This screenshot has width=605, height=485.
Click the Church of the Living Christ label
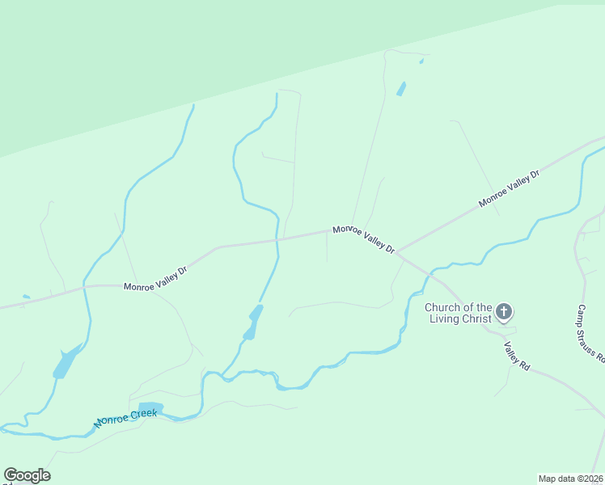[459, 313]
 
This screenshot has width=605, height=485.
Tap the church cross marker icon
[504, 311]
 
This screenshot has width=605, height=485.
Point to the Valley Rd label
[516, 356]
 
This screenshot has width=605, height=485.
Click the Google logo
[27, 475]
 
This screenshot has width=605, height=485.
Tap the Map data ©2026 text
[570, 479]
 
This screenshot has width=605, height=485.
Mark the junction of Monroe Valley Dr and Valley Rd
[397, 251]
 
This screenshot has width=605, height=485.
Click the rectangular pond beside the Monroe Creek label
[150, 407]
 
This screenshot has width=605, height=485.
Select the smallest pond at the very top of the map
[421, 61]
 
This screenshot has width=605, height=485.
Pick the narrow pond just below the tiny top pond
[401, 88]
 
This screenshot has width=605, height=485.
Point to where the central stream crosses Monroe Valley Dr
[277, 239]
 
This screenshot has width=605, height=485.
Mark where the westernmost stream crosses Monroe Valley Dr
[87, 286]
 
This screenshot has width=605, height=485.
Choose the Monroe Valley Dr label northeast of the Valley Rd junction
[509, 188]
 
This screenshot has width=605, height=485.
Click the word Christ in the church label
[476, 318]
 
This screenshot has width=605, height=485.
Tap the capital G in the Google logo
[11, 474]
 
